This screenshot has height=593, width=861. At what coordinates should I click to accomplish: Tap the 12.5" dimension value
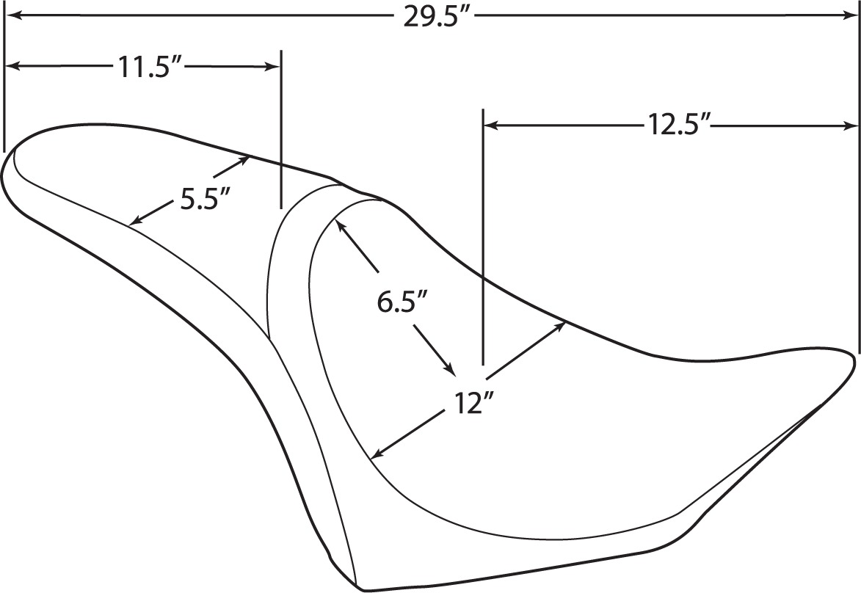click(x=679, y=125)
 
